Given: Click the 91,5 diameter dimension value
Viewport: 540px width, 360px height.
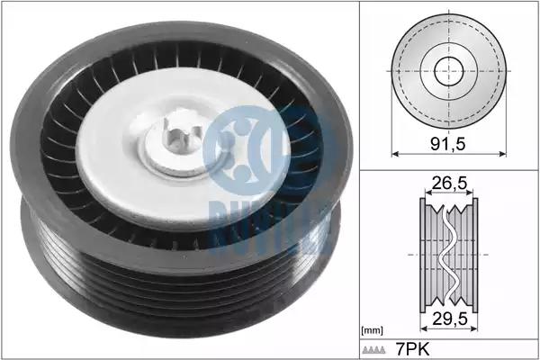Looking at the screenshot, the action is (x=448, y=144).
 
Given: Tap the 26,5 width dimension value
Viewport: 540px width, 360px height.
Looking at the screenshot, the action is (x=449, y=183).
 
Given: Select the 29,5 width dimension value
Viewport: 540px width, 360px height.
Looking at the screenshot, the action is (x=450, y=319).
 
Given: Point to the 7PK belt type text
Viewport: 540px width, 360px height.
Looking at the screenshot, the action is (x=413, y=349).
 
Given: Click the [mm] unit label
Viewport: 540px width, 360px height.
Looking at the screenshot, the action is (x=372, y=331).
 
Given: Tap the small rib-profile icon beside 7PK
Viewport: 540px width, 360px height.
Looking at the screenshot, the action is (x=374, y=350).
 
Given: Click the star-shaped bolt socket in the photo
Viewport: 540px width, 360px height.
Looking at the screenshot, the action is (x=182, y=136).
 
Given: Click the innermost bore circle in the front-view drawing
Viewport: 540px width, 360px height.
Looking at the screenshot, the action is (x=449, y=71).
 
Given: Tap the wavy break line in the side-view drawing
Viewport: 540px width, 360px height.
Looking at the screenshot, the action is (x=449, y=255).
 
